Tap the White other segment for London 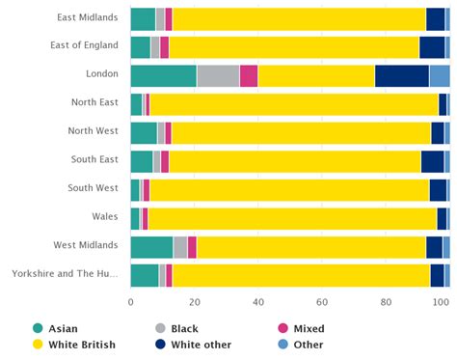click(401, 76)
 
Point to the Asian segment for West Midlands click(151, 247)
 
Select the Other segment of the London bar click(440, 76)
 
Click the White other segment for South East click(432, 161)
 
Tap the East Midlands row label click(88, 18)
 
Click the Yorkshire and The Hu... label click(65, 275)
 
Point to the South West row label click(94, 189)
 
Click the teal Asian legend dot click(39, 328)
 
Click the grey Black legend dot click(161, 328)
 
